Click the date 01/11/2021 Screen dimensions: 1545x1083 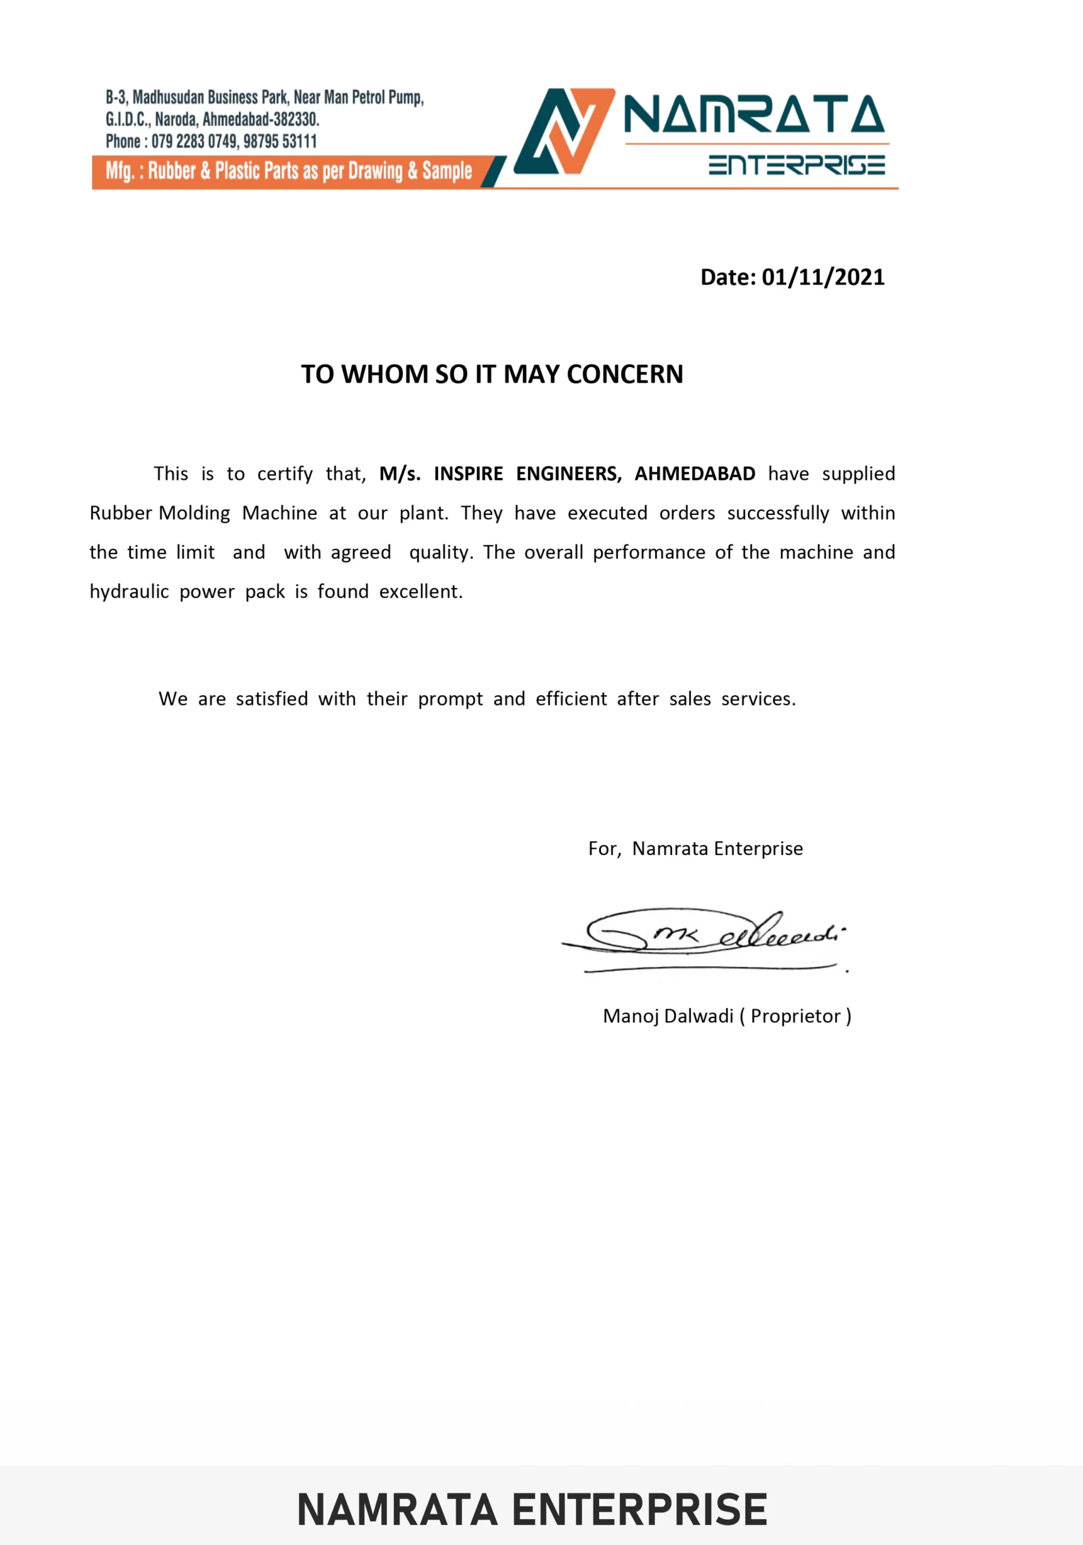click(x=823, y=277)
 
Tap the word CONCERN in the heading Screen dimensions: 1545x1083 click(x=624, y=374)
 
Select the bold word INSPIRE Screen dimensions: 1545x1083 click(x=468, y=474)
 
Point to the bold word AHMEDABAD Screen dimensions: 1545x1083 click(x=695, y=474)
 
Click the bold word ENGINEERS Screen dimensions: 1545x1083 click(x=568, y=474)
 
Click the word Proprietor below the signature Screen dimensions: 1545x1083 click(x=796, y=1016)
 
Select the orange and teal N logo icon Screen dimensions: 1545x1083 click(x=564, y=131)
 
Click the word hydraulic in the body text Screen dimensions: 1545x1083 click(x=129, y=591)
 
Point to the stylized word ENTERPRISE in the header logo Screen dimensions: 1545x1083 click(x=796, y=165)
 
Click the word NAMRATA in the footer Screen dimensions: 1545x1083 click(x=398, y=1510)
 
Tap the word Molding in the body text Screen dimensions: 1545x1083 click(x=194, y=513)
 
